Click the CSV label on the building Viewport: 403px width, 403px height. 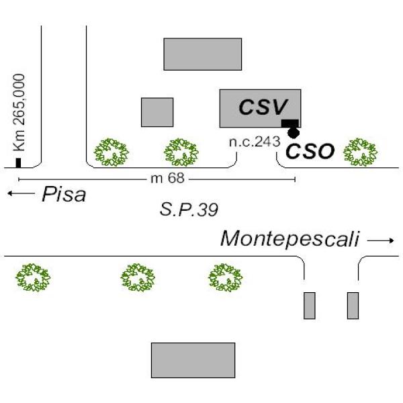coord(263,106)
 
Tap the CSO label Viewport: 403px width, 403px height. coord(310,151)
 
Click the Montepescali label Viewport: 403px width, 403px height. coord(291,238)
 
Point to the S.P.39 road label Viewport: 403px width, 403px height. coord(189,210)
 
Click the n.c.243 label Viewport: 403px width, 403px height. coord(251,142)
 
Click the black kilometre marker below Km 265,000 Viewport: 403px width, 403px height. coord(19,163)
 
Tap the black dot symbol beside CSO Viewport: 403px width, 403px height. coord(294,133)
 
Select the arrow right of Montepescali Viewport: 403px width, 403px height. coord(381,240)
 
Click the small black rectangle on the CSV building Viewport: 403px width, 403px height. coord(289,122)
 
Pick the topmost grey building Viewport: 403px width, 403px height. coord(202,54)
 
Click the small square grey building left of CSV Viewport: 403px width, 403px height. coord(157,112)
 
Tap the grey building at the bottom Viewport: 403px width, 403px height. coord(193,360)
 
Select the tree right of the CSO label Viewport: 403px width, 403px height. coord(360,152)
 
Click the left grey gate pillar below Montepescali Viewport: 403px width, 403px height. coord(309,306)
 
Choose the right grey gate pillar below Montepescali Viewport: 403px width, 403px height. coord(353,306)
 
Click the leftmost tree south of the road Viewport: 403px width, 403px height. coord(34,277)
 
